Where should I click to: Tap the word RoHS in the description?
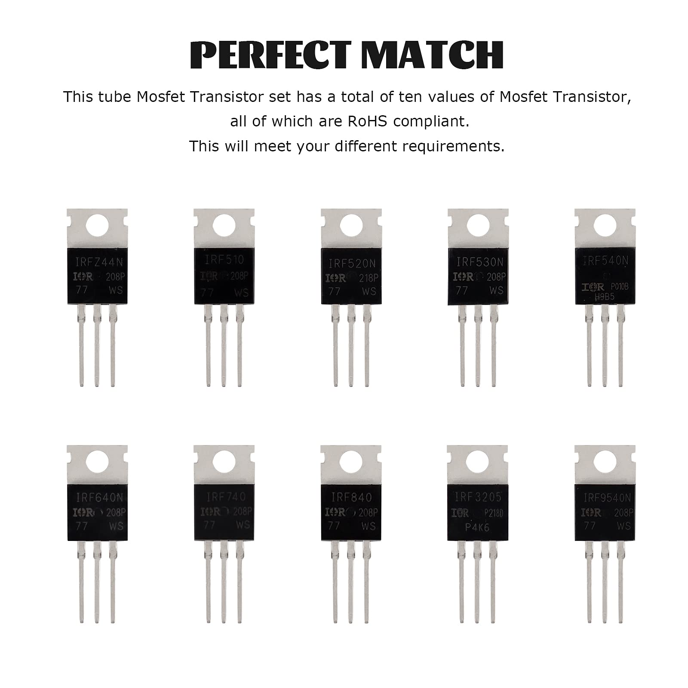[366, 122]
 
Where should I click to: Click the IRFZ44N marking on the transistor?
[97, 261]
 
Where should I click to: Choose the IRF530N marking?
[478, 261]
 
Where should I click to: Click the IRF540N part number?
[605, 261]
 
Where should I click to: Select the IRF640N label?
[97, 498]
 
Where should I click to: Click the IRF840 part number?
[351, 498]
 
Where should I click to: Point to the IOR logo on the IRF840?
[336, 512]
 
